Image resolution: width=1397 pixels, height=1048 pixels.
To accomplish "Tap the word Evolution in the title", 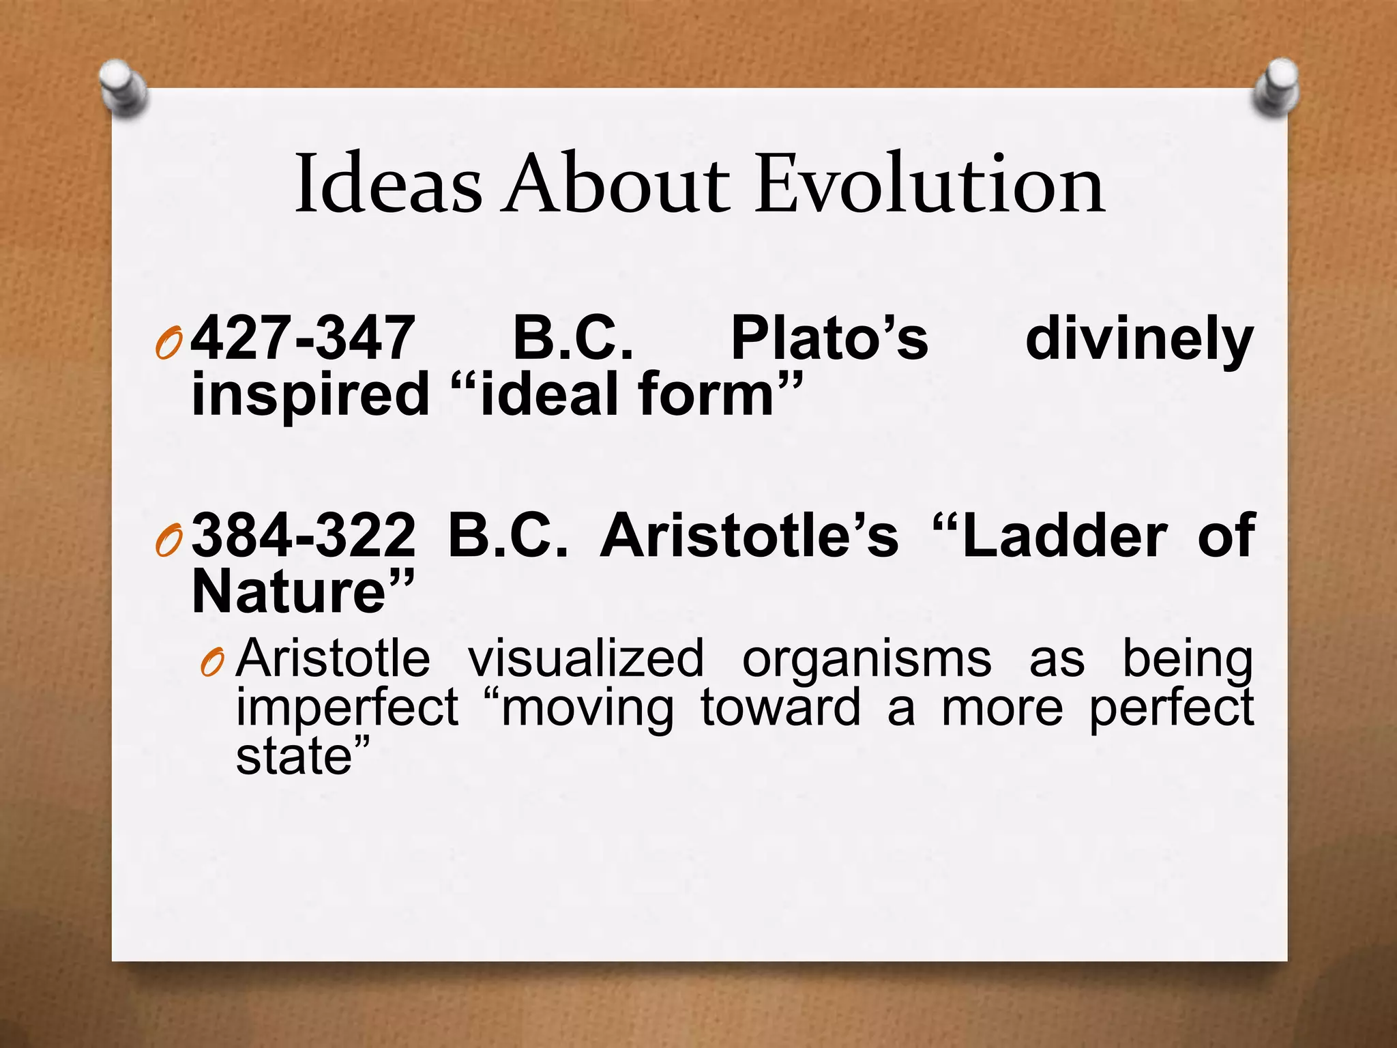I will coord(930,184).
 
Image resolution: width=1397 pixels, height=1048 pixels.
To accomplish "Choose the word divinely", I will coord(1139,339).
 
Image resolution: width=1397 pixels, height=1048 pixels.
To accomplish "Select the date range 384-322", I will coord(303,536).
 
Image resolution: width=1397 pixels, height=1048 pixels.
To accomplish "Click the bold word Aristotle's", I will coord(749,536).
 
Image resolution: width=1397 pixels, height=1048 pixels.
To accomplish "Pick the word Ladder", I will coord(1065,536).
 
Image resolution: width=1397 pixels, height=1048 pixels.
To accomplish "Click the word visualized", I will coord(585,658).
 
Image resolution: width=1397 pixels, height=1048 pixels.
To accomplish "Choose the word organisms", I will coord(866,660).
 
